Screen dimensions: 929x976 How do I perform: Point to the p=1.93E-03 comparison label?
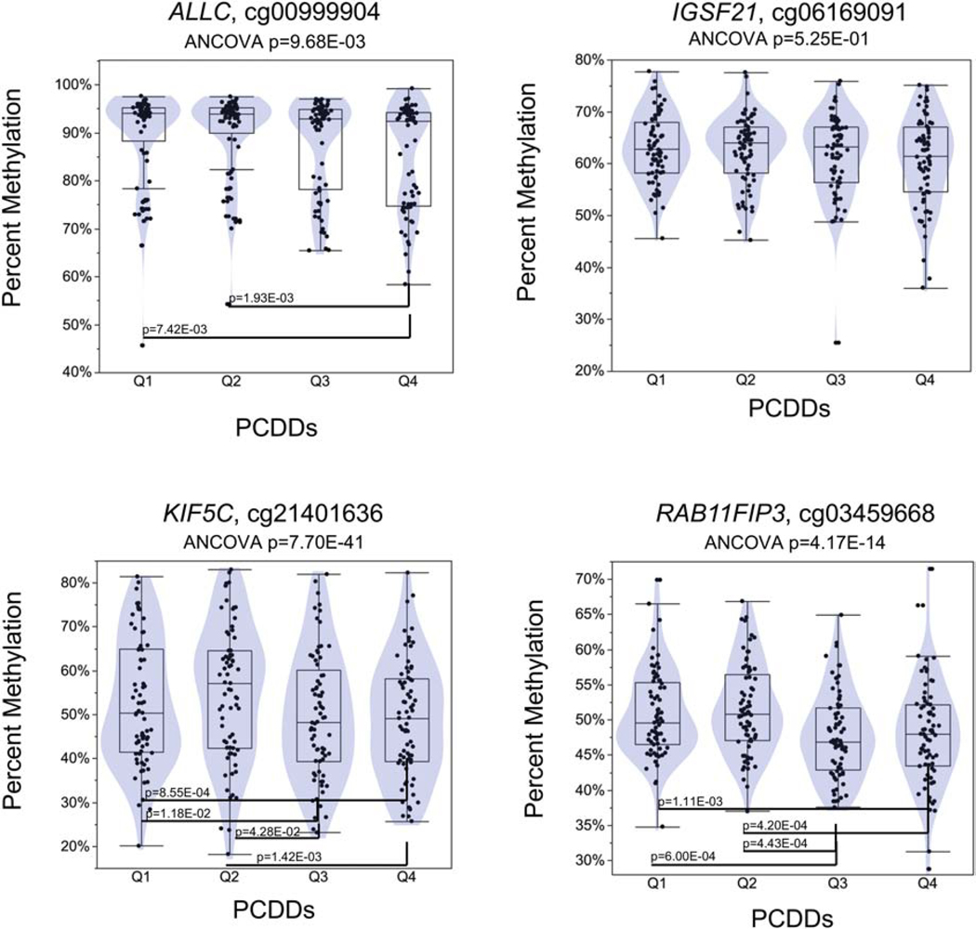[x=262, y=299]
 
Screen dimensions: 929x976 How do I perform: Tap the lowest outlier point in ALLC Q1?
[x=142, y=346]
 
